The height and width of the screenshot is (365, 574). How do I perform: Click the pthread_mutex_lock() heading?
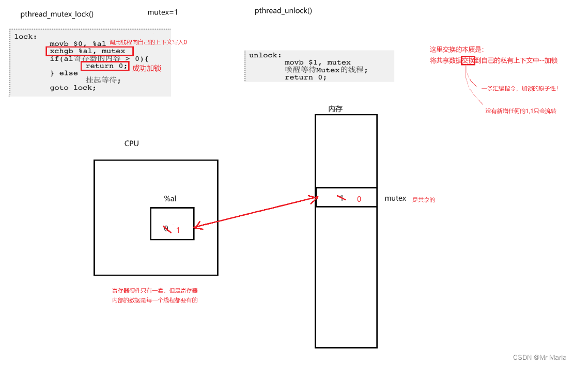pyautogui.click(x=57, y=14)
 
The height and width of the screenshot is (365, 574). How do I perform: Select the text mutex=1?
pyautogui.click(x=162, y=11)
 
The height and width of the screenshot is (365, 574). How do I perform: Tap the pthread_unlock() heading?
pyautogui.click(x=283, y=11)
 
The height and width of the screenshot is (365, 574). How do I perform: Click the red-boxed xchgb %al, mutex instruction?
pyautogui.click(x=89, y=51)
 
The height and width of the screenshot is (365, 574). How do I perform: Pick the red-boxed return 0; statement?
pyautogui.click(x=105, y=66)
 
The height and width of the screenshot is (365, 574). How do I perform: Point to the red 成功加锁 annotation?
pyautogui.click(x=147, y=68)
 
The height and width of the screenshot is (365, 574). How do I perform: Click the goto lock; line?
pyautogui.click(x=73, y=88)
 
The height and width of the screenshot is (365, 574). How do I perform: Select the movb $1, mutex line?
pyautogui.click(x=317, y=62)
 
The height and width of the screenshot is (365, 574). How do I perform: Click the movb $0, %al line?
pyautogui.click(x=77, y=44)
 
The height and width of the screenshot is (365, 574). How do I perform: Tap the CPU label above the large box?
pyautogui.click(x=132, y=144)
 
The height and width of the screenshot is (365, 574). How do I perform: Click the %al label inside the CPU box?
pyautogui.click(x=170, y=198)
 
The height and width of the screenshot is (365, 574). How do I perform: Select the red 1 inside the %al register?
pyautogui.click(x=178, y=230)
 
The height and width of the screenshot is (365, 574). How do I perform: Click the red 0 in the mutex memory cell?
pyautogui.click(x=359, y=199)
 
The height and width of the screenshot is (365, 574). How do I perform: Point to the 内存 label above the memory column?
pyautogui.click(x=335, y=109)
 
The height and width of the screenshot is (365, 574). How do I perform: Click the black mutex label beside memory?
pyautogui.click(x=395, y=198)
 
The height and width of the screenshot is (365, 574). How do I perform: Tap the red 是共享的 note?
pyautogui.click(x=423, y=199)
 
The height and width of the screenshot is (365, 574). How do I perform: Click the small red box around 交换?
pyautogui.click(x=468, y=60)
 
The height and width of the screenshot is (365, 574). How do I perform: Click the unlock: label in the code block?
pyautogui.click(x=266, y=55)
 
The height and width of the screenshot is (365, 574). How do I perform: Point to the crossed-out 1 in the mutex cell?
pyautogui.click(x=340, y=198)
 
